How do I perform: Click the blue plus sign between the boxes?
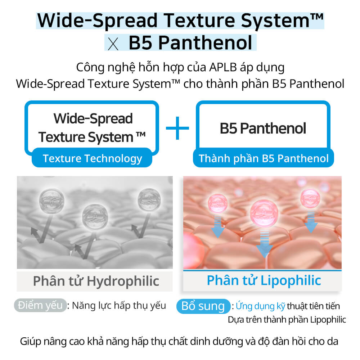[x=177, y=128]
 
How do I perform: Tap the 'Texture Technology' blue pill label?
[x=92, y=158]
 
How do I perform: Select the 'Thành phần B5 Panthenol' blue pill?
[x=264, y=158]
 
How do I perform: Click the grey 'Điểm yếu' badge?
[x=40, y=306]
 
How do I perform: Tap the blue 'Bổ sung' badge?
[x=203, y=306]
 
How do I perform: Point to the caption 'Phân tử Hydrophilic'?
[x=96, y=281]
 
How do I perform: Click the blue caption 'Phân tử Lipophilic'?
[x=264, y=280]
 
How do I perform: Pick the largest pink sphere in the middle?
[x=264, y=213]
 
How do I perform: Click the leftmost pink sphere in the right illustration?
[x=217, y=203]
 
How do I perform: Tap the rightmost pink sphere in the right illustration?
[x=310, y=198]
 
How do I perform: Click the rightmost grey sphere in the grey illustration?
[x=149, y=199]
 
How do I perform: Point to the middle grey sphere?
[x=95, y=217]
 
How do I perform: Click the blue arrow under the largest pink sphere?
[x=265, y=243]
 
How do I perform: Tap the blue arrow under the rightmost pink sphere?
[x=311, y=221]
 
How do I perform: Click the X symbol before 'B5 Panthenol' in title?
[x=113, y=44]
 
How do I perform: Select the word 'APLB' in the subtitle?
[x=223, y=68]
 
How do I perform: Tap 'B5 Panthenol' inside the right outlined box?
[x=263, y=128]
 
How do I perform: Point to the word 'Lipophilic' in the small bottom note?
[x=328, y=320]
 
